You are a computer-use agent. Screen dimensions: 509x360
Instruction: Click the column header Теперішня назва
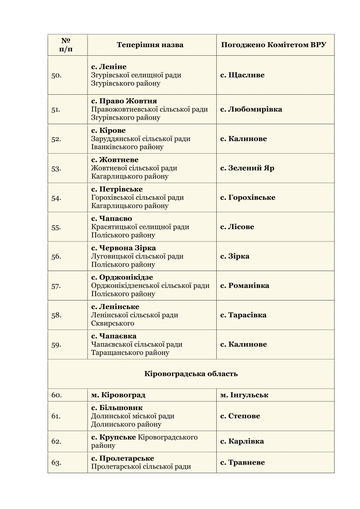click(150, 45)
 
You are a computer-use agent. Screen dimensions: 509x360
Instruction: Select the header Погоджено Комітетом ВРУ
click(274, 45)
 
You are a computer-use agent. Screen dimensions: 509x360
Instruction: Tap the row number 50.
click(57, 75)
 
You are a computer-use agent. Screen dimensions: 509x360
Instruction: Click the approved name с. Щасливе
click(243, 75)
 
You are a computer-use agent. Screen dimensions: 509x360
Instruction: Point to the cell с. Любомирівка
click(251, 109)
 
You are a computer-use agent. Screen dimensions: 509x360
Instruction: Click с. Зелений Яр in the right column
click(247, 168)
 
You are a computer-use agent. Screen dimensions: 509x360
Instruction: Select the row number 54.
click(57, 198)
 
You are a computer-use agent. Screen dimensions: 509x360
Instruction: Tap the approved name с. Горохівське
click(248, 198)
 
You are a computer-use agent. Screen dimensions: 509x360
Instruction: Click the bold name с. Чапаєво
click(112, 218)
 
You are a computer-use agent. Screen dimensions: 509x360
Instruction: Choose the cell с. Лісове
click(237, 227)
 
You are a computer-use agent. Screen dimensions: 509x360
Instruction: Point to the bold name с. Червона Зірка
click(123, 248)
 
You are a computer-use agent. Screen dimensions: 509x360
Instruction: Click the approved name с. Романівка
click(245, 286)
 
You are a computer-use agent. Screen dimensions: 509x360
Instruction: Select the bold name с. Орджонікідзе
click(122, 277)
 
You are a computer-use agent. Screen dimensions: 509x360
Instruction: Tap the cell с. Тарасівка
click(243, 315)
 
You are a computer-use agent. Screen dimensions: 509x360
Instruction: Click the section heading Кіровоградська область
click(191, 374)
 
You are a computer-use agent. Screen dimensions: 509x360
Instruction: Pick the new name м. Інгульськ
click(244, 395)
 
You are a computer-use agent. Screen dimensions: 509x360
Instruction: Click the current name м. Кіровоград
click(118, 395)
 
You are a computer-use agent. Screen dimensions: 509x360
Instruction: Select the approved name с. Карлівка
click(242, 441)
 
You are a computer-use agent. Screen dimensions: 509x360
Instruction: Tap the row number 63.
click(57, 463)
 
